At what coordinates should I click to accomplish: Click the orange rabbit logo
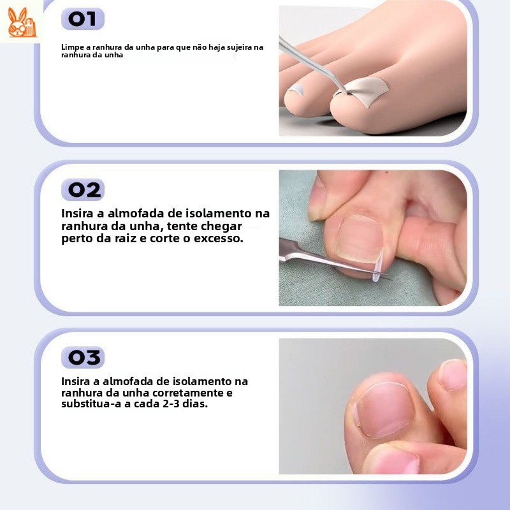pyautogui.click(x=22, y=22)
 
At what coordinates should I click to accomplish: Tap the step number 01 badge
pyautogui.click(x=83, y=19)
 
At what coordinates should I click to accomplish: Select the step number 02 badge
pyautogui.click(x=83, y=189)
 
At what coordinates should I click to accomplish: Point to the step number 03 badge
pyautogui.click(x=83, y=358)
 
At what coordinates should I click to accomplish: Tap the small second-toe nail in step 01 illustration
pyautogui.click(x=296, y=89)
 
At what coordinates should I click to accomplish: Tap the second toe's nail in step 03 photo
pyautogui.click(x=453, y=375)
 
